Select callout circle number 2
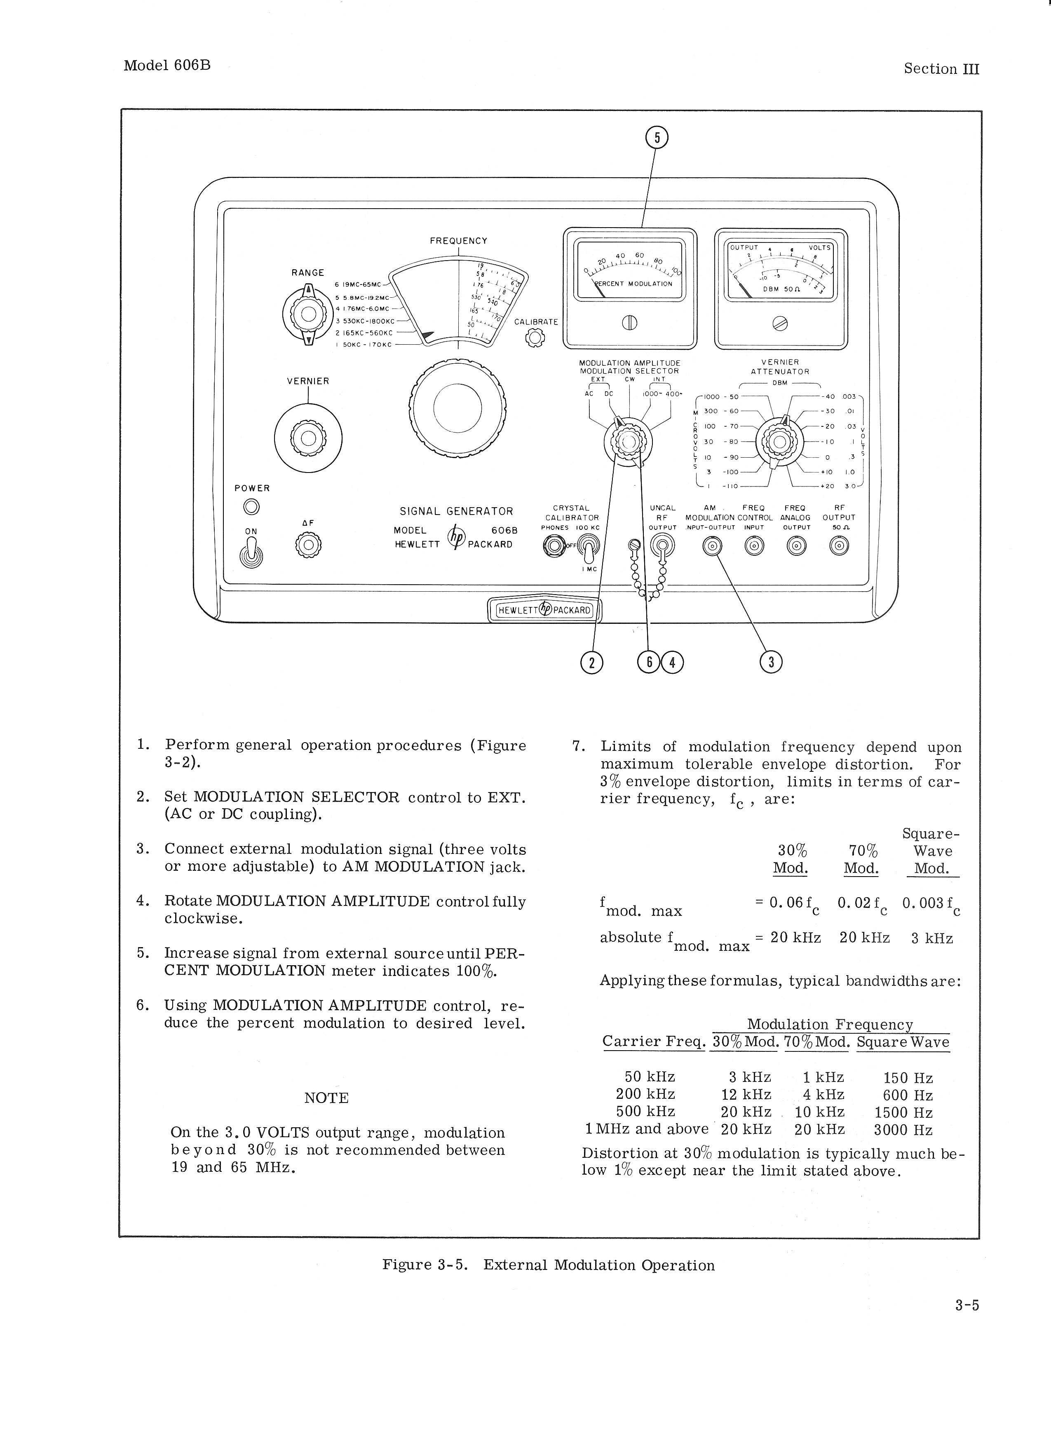(x=592, y=663)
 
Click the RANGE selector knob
(x=308, y=314)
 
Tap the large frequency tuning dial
(x=457, y=409)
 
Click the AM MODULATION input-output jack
(x=713, y=546)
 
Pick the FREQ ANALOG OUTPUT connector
(x=797, y=546)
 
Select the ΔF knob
(x=308, y=545)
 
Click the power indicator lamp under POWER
(x=252, y=507)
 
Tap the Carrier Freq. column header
(x=653, y=1042)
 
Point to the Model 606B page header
(x=167, y=66)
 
